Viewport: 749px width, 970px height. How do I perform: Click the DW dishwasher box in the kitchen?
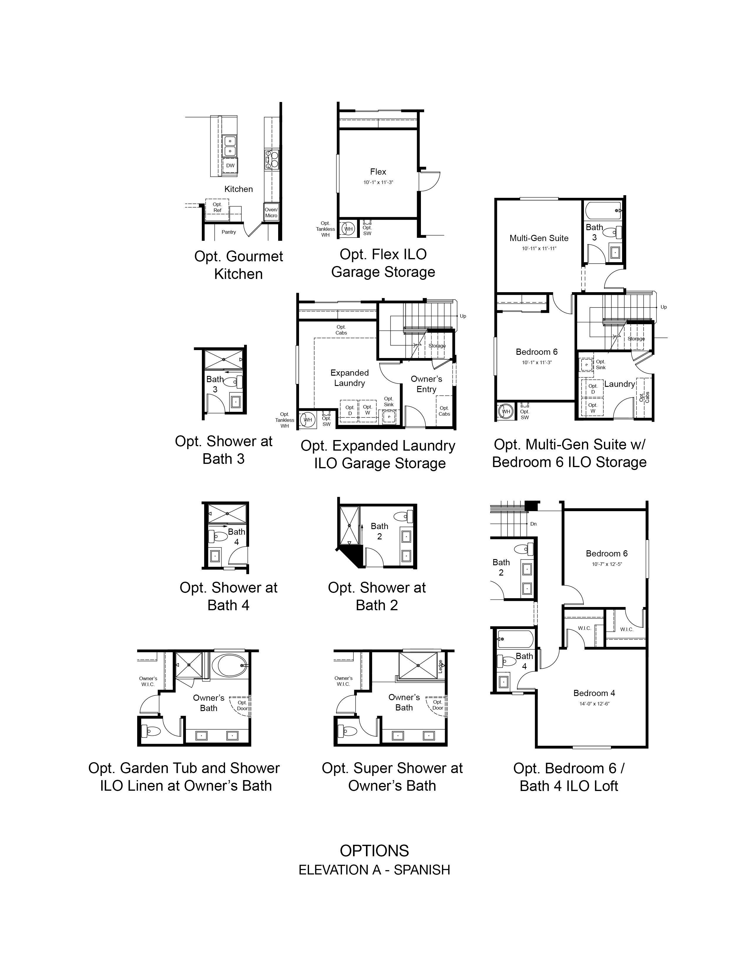pyautogui.click(x=230, y=166)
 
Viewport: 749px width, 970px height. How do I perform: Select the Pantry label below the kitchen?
pyautogui.click(x=229, y=232)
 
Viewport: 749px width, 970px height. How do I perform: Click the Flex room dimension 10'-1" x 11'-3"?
pyautogui.click(x=378, y=183)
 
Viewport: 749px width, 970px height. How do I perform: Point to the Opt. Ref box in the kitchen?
pyautogui.click(x=217, y=208)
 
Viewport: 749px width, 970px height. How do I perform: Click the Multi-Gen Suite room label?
pyautogui.click(x=539, y=238)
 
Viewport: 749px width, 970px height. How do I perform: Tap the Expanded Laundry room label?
pyautogui.click(x=350, y=378)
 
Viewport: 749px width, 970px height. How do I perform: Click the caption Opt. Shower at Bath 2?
pyautogui.click(x=377, y=596)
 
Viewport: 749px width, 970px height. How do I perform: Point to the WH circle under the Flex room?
pyautogui.click(x=348, y=229)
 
